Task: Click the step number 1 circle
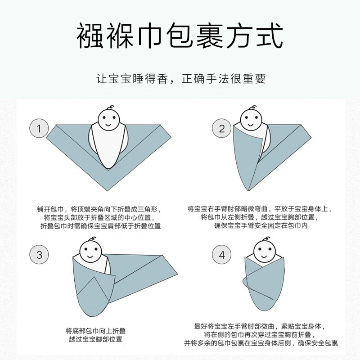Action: click(39, 129)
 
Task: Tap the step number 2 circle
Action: click(222, 129)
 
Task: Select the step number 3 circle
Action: click(39, 255)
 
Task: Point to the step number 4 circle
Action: click(222, 255)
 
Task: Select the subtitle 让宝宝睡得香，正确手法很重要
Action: click(180, 79)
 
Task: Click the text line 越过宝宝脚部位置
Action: click(94, 339)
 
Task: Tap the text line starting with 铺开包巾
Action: click(99, 209)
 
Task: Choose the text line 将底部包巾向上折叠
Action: click(94, 330)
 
